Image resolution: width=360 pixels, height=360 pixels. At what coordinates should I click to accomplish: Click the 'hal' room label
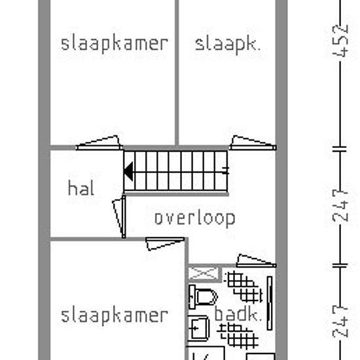pyautogui.click(x=81, y=188)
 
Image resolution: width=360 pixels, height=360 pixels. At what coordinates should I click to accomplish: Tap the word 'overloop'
pyautogui.click(x=195, y=219)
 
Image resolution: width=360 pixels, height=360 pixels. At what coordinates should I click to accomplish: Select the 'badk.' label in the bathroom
pyautogui.click(x=238, y=314)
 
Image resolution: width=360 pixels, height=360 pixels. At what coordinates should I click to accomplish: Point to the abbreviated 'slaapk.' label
pyautogui.click(x=228, y=45)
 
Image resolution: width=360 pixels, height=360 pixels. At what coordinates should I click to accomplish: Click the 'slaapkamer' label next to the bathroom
pyautogui.click(x=115, y=316)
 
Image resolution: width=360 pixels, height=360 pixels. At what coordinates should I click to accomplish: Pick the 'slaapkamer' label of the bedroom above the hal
pyautogui.click(x=115, y=44)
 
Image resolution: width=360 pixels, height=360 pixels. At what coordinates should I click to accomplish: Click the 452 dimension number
pyautogui.click(x=340, y=41)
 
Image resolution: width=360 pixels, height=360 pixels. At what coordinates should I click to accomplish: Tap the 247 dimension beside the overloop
pyautogui.click(x=340, y=206)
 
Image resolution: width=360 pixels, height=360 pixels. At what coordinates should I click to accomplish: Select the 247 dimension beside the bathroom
pyautogui.click(x=340, y=321)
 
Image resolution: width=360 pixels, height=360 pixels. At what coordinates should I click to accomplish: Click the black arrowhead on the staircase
pyautogui.click(x=128, y=171)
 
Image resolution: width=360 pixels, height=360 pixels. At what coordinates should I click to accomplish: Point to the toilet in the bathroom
pyautogui.click(x=202, y=297)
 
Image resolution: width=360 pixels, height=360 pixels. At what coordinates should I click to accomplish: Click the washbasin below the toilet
pyautogui.click(x=198, y=328)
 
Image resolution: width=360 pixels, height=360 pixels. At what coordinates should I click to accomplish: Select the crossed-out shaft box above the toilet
pyautogui.click(x=204, y=274)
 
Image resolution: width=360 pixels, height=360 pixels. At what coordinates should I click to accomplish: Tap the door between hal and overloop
pyautogui.click(x=119, y=217)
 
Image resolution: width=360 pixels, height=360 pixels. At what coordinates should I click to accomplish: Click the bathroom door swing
pyautogui.click(x=256, y=261)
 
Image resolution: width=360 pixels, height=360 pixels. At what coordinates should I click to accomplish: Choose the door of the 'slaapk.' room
pyautogui.click(x=253, y=143)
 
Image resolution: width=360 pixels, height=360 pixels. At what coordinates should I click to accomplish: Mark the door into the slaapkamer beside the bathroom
pyautogui.click(x=165, y=244)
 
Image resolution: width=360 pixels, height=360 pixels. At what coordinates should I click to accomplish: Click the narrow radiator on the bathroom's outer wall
pyautogui.click(x=270, y=303)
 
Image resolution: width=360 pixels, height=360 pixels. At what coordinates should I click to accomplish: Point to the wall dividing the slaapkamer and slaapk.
pyautogui.click(x=177, y=73)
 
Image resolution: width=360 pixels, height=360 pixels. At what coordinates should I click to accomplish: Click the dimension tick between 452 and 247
pyautogui.click(x=340, y=149)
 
